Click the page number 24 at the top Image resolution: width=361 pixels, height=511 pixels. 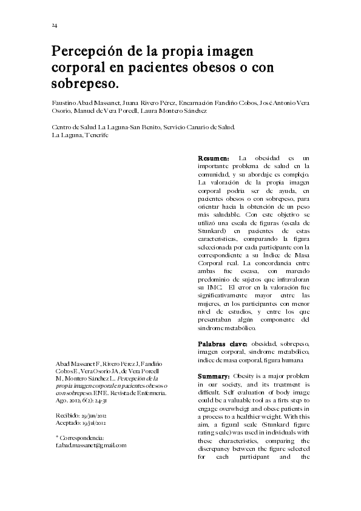[x=54, y=25]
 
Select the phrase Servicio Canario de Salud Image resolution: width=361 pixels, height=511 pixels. [x=198, y=127]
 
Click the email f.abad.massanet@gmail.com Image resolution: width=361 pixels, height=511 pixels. [x=91, y=445]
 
